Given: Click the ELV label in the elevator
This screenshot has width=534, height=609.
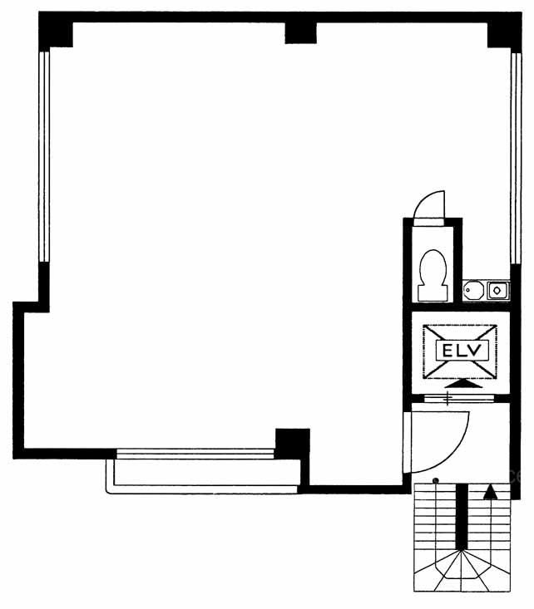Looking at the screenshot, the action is (462, 351).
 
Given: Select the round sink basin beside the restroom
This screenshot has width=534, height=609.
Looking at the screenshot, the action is (473, 289).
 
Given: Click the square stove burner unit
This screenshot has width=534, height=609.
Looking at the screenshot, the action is (497, 290).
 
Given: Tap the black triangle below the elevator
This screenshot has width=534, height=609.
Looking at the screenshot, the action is (463, 383).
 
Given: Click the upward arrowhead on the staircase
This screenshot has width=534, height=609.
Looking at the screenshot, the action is (490, 491).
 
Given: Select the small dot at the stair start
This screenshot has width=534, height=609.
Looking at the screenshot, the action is (436, 480).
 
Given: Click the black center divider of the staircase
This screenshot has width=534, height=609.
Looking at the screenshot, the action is (462, 517).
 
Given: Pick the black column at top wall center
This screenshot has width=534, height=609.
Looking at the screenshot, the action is (300, 33).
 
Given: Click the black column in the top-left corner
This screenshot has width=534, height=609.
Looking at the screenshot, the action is (56, 30).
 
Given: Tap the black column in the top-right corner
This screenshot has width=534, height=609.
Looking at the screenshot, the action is (504, 30).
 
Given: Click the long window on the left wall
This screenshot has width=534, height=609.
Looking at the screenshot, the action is (44, 157).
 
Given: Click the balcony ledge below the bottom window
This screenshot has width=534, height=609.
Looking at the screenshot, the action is (203, 477).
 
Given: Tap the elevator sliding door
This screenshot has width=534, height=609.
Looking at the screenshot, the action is (458, 398).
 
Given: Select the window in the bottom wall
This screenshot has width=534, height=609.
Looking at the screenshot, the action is (195, 454).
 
